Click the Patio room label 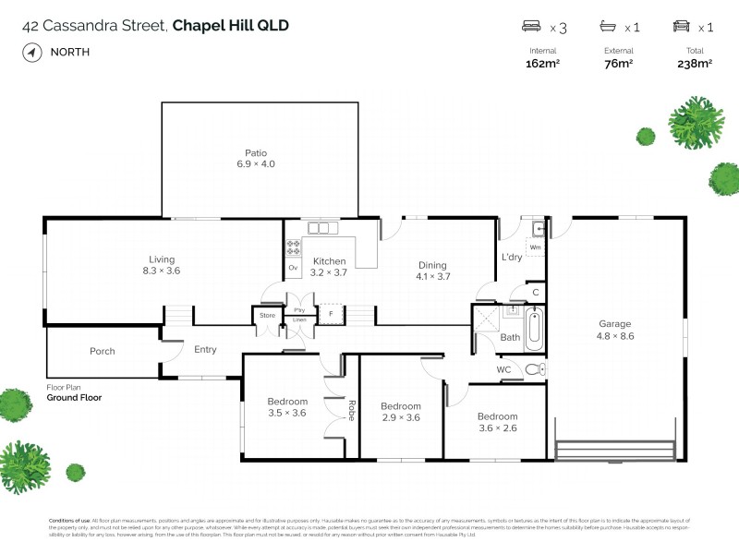click(256, 158)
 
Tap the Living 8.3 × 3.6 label click(162, 266)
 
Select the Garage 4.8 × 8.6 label click(614, 330)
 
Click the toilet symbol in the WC click(534, 370)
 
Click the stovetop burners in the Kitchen click(294, 247)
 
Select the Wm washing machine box click(535, 247)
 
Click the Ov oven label click(293, 268)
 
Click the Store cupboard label click(267, 316)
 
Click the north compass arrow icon click(32, 53)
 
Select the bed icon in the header click(531, 27)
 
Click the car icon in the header click(682, 27)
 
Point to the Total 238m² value click(695, 64)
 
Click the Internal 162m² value click(542, 64)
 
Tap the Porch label click(102, 351)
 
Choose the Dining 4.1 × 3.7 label click(432, 271)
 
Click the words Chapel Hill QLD click(231, 25)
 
